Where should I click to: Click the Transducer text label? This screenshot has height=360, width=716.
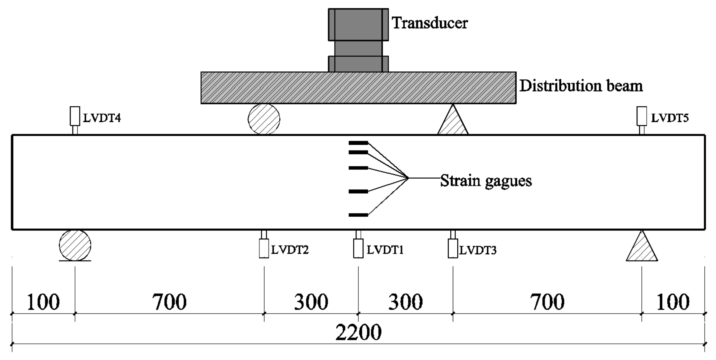click(x=429, y=23)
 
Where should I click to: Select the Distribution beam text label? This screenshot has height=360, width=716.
click(x=581, y=86)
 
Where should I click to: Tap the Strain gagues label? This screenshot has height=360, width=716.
click(x=486, y=181)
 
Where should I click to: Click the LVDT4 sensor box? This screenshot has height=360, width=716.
click(x=75, y=116)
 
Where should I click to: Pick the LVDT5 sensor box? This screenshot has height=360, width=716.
click(x=642, y=116)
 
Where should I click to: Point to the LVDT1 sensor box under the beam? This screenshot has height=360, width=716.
click(x=358, y=248)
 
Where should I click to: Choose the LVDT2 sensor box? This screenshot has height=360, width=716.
click(x=264, y=248)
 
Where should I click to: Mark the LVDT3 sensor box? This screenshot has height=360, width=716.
click(x=453, y=248)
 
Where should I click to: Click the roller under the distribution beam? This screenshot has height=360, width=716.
click(x=264, y=119)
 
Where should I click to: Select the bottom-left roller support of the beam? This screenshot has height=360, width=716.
click(x=75, y=245)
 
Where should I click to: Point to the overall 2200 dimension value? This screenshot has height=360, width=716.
click(x=358, y=332)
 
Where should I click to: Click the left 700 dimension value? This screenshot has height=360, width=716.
click(x=169, y=302)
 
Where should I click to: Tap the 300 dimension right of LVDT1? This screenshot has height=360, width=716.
click(x=405, y=302)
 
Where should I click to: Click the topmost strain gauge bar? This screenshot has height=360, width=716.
click(x=358, y=143)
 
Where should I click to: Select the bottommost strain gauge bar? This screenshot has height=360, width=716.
click(x=358, y=215)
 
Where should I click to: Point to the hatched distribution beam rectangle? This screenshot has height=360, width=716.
click(x=358, y=88)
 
